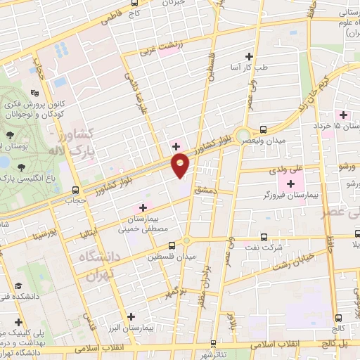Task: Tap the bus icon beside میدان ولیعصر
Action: tap(263, 129)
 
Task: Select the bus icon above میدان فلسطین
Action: tap(172, 245)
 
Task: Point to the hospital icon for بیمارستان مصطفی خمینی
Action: tap(143, 207)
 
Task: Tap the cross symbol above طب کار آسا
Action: tap(248, 56)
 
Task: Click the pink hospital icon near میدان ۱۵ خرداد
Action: tap(344, 115)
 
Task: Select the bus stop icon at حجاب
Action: tap(75, 190)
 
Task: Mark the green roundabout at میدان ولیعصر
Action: tap(243, 134)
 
